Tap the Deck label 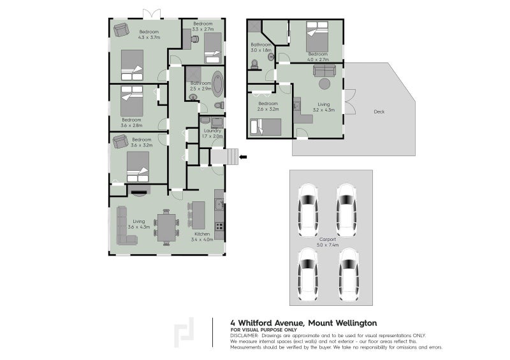379,112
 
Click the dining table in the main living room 166,227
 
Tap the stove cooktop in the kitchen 219,226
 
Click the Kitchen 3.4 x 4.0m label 201,237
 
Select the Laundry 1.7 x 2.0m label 212,133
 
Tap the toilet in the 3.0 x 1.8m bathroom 255,64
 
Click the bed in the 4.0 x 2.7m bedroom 317,38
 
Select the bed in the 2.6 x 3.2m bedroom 266,127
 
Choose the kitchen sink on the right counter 219,205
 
